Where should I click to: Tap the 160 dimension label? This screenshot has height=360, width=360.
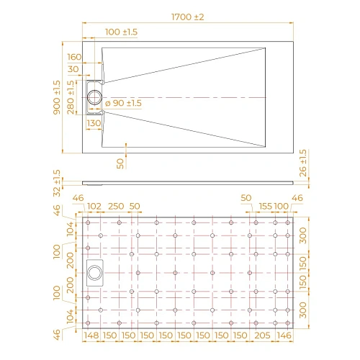pyautogui.click(x=74, y=57)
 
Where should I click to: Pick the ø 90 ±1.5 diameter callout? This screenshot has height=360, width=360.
pyautogui.click(x=124, y=104)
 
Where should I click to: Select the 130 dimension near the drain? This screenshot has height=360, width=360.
pyautogui.click(x=94, y=123)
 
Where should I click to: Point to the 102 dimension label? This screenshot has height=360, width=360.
pyautogui.click(x=94, y=206)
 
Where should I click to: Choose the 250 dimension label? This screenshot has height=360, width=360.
pyautogui.click(x=115, y=206)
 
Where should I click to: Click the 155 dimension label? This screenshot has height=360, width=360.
pyautogui.click(x=264, y=206)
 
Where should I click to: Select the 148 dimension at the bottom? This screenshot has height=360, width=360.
pyautogui.click(x=90, y=336)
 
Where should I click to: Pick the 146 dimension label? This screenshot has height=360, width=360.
pyautogui.click(x=285, y=336)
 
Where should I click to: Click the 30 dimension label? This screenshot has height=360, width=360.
pyautogui.click(x=74, y=69)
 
